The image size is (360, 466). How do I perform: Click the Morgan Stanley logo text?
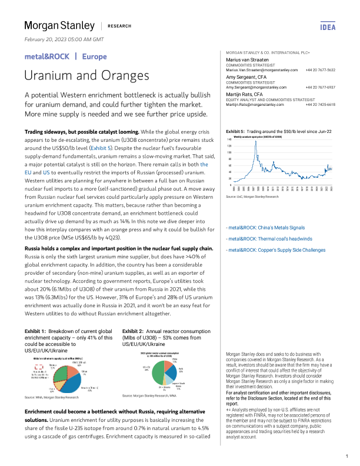click(x=59, y=25)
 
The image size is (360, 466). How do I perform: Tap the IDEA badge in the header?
click(x=327, y=26)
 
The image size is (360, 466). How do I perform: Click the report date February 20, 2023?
click(x=64, y=39)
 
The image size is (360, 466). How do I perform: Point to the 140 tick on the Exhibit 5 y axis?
click(x=229, y=139)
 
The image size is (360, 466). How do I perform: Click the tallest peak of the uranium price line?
click(x=255, y=142)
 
